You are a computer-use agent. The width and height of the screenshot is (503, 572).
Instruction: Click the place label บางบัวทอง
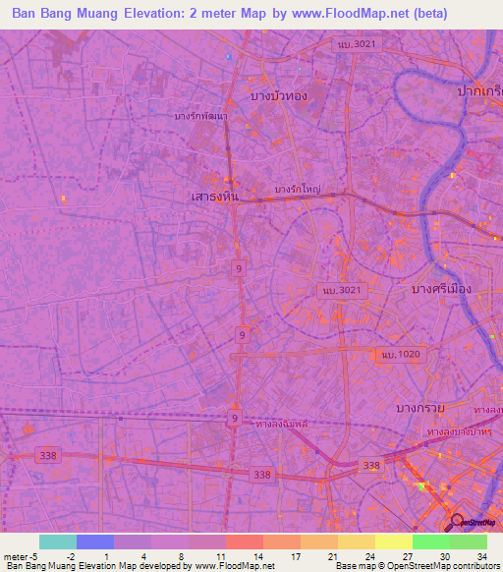(281, 94)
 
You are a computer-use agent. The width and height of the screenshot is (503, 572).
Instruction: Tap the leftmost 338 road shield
(45, 454)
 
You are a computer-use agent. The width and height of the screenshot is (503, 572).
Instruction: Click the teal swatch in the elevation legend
(57, 542)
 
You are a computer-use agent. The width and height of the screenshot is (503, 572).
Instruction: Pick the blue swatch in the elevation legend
(94, 542)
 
